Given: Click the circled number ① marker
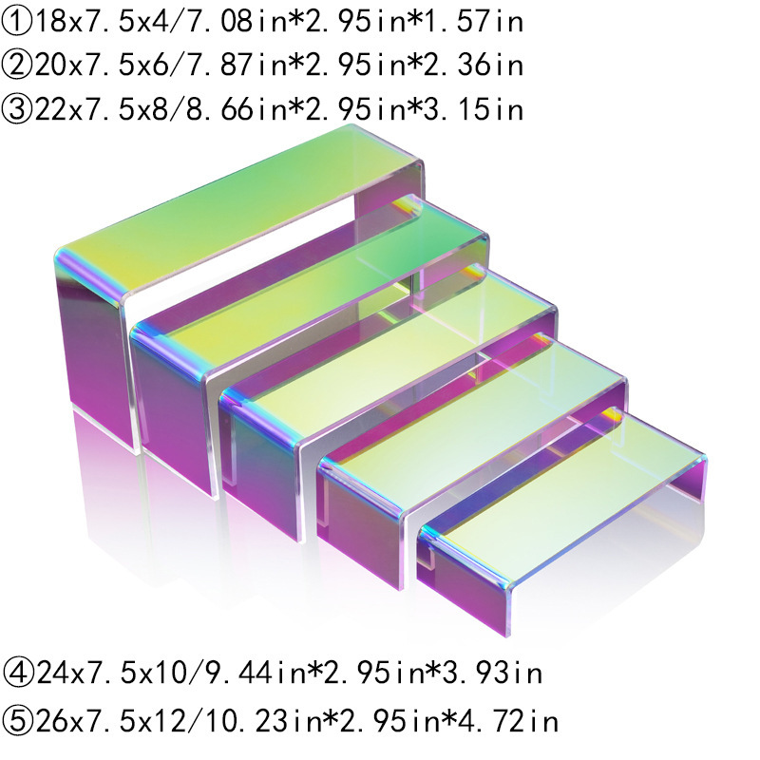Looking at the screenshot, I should click(18, 21).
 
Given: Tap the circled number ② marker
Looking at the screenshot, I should click(18, 66).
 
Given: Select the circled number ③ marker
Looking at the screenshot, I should click(18, 110).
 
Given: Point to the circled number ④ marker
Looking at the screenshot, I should click(18, 674).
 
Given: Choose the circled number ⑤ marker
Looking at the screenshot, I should click(18, 719).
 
